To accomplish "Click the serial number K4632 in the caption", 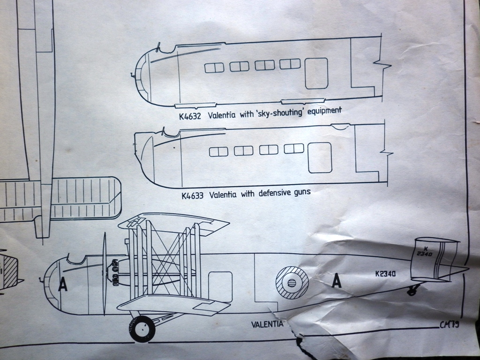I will pyautogui.click(x=189, y=115).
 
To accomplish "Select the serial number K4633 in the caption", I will pyautogui.click(x=192, y=195).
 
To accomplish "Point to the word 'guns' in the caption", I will pyautogui.click(x=300, y=192).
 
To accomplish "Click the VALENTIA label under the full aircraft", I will pyautogui.click(x=267, y=324).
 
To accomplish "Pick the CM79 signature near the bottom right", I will pyautogui.click(x=449, y=325).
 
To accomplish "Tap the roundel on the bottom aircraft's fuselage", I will pyautogui.click(x=292, y=283).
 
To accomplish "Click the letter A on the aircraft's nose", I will pyautogui.click(x=62, y=285).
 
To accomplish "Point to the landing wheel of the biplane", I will pyautogui.click(x=142, y=329).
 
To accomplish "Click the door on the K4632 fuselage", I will pyautogui.click(x=316, y=73).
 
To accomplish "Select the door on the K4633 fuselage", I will pyautogui.click(x=320, y=157).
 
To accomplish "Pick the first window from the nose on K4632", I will pyautogui.click(x=214, y=68).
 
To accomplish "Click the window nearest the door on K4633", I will pyautogui.click(x=294, y=149).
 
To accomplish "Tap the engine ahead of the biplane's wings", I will pyautogui.click(x=113, y=273).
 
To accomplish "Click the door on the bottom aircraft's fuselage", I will pyautogui.click(x=220, y=286).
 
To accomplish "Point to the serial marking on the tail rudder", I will pyautogui.click(x=424, y=252).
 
